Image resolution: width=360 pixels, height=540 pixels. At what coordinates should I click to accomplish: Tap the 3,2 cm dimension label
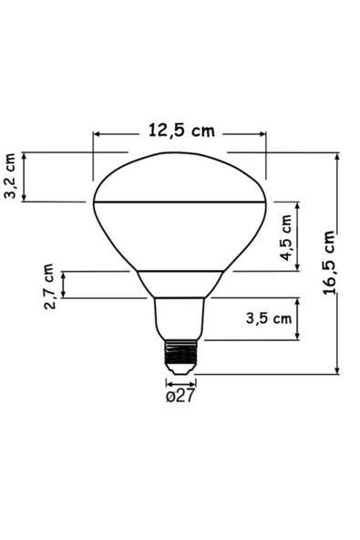(x=10, y=177)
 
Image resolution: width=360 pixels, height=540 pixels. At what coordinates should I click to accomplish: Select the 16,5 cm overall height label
(x=328, y=264)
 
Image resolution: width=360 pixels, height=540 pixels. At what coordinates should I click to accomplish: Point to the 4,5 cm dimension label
(x=288, y=238)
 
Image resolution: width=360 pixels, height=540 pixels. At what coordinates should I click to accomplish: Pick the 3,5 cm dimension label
(x=269, y=318)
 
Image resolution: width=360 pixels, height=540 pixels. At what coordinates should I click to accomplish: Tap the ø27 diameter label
(x=180, y=396)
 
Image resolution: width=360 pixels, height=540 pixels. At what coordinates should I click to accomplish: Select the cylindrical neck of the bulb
(x=180, y=318)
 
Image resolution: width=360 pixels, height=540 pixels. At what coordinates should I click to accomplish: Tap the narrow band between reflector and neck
(x=180, y=283)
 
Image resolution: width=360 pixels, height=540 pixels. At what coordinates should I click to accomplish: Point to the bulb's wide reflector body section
(x=180, y=234)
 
